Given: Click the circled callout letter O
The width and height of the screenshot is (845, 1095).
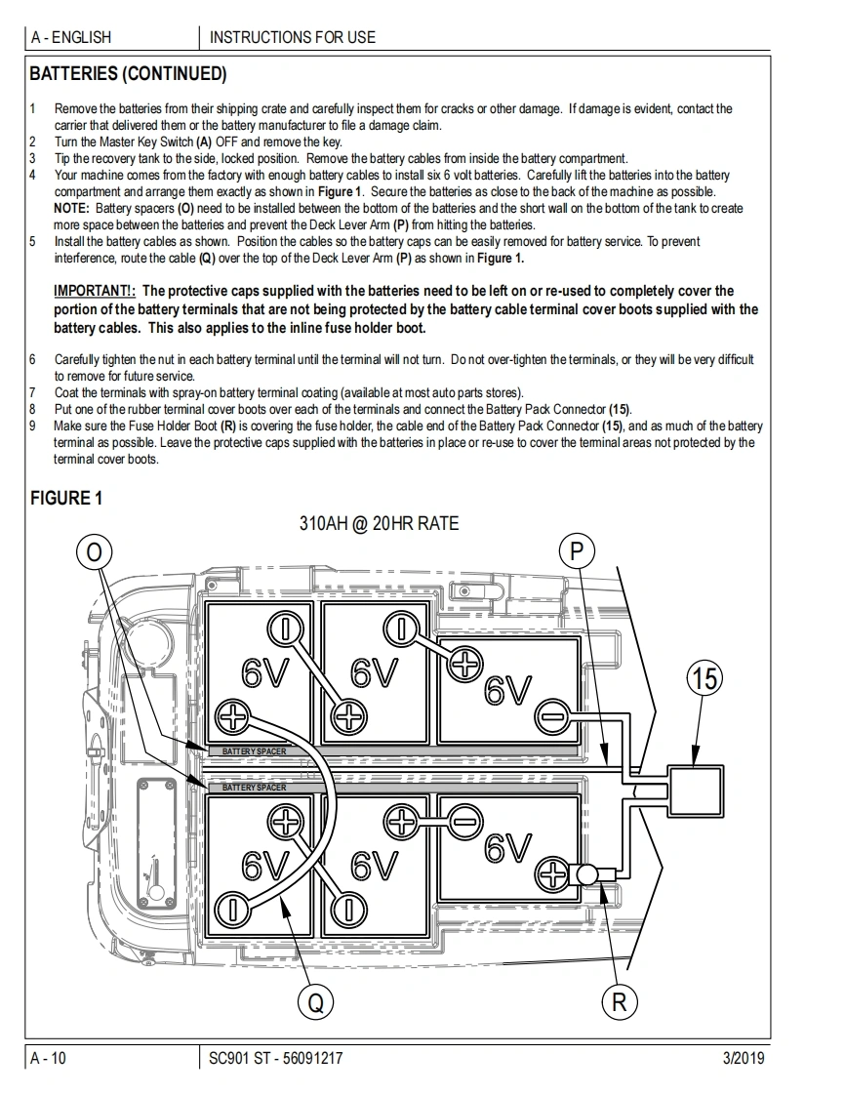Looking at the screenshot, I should click(x=94, y=553).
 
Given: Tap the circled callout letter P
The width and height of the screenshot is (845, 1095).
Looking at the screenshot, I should click(x=577, y=553).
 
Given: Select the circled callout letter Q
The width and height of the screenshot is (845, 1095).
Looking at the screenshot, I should click(x=314, y=1001).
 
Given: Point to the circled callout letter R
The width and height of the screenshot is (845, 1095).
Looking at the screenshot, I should click(x=619, y=1001).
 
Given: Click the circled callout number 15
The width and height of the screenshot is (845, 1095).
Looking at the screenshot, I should click(x=705, y=677).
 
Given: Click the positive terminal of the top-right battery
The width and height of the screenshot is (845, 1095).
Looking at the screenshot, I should click(x=465, y=665).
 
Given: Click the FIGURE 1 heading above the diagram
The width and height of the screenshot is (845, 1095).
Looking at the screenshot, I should click(x=66, y=499).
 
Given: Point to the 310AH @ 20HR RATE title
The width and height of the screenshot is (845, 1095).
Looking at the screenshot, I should click(x=379, y=523).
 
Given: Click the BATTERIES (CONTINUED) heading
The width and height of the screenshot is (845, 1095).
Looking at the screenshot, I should click(x=128, y=74).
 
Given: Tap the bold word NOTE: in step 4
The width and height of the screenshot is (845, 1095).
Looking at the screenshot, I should click(x=72, y=208).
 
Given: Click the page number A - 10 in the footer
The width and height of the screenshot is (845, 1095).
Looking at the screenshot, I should click(x=49, y=1058).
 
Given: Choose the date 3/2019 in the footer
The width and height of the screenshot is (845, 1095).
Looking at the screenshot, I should click(x=743, y=1058).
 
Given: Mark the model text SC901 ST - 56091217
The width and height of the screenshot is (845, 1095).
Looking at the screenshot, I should click(x=276, y=1058).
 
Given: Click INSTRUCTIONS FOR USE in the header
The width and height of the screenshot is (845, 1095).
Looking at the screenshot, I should click(x=293, y=37).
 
